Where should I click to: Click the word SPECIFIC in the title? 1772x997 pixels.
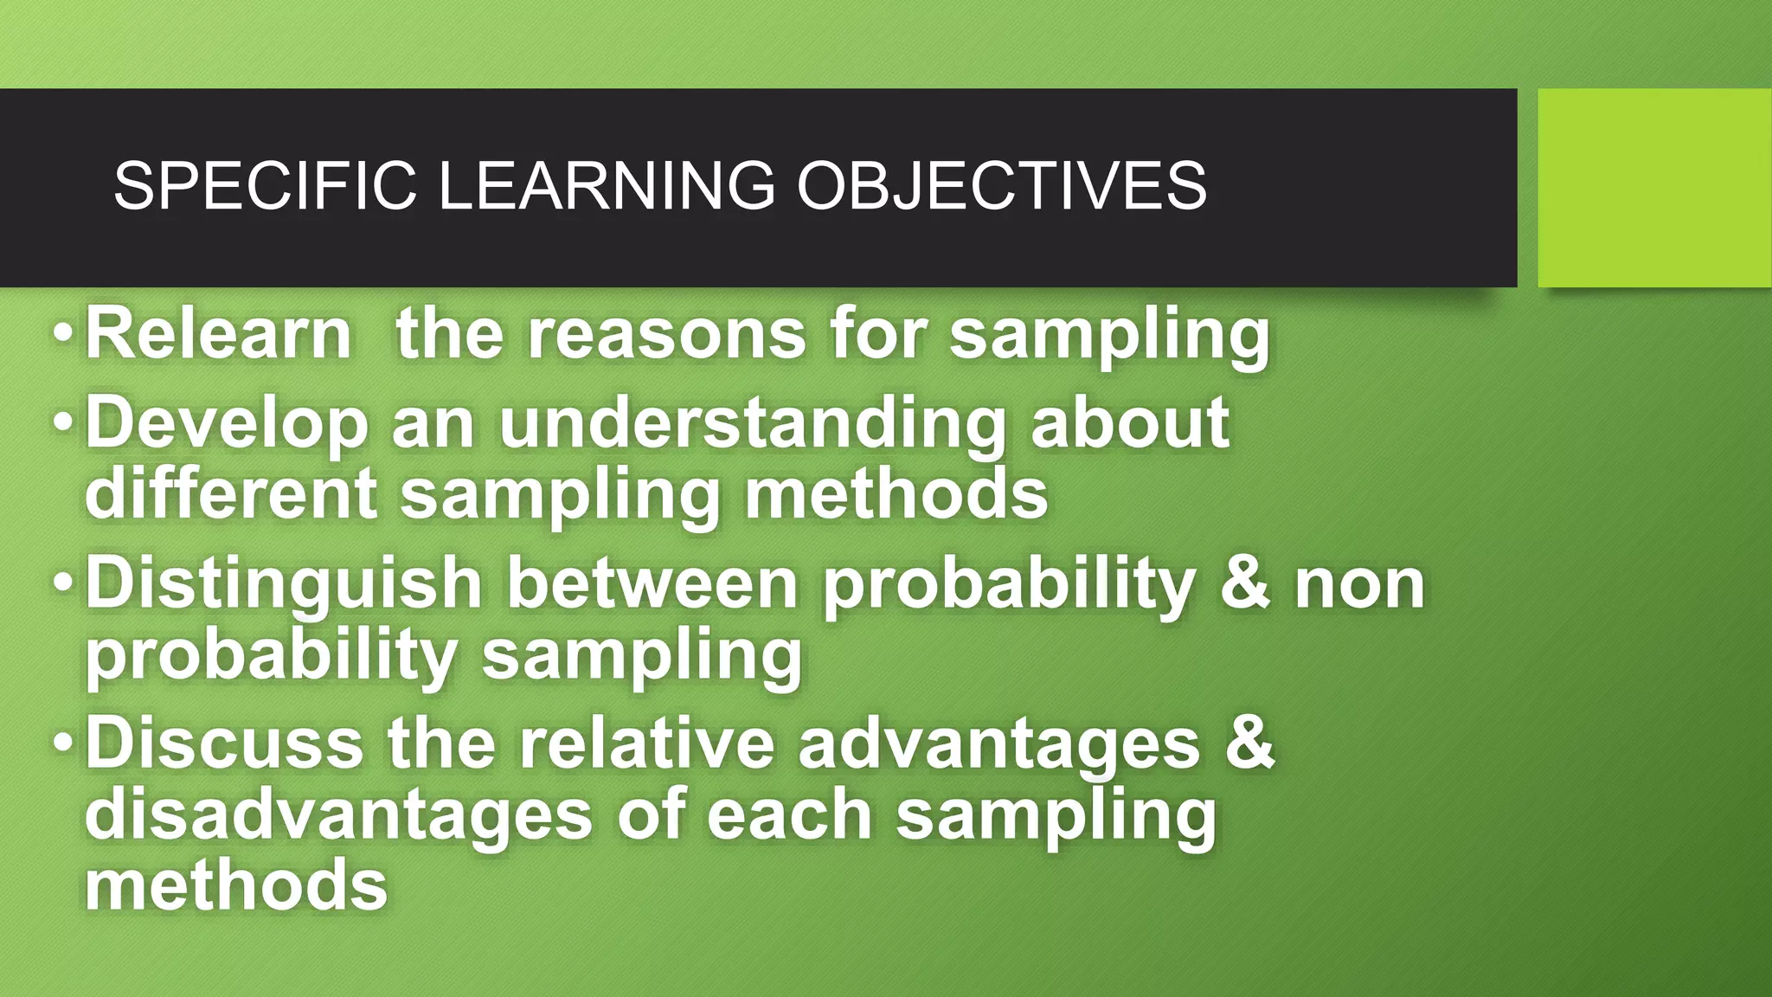point(265,185)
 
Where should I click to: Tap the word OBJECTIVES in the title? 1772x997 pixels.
point(1001,185)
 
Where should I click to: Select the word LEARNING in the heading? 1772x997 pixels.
point(607,185)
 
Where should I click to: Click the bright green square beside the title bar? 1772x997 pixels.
point(1653,187)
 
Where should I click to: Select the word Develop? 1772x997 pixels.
point(227,422)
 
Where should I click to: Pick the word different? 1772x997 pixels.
point(230,493)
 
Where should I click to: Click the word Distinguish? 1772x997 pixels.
point(283,583)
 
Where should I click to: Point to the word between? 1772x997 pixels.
point(652,583)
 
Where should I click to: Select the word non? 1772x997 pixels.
point(1359,583)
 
